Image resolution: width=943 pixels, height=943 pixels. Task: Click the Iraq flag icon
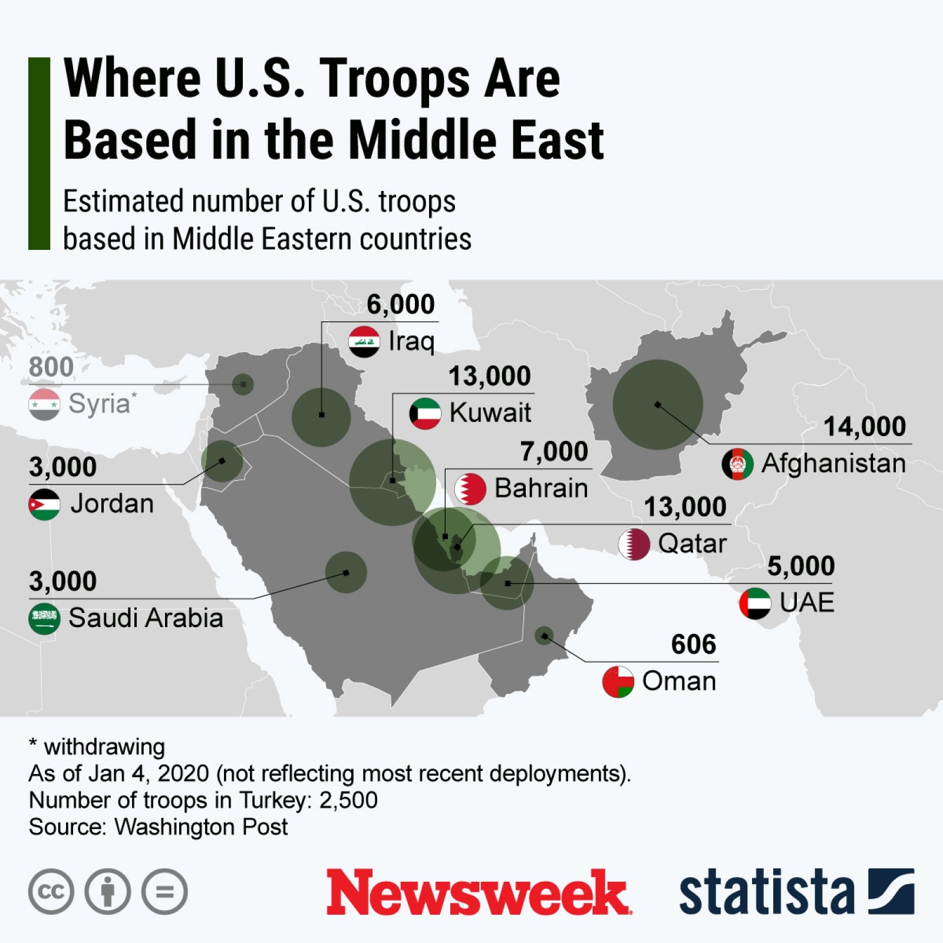tap(364, 341)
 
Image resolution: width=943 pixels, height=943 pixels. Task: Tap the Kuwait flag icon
tap(425, 413)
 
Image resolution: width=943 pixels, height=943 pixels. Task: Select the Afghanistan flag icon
tap(737, 464)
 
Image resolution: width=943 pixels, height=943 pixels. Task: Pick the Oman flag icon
tap(618, 682)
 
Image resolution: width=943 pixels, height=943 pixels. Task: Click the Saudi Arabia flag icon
tap(44, 618)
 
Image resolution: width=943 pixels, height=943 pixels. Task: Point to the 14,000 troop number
tap(864, 427)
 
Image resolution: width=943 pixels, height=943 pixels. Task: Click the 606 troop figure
tap(693, 644)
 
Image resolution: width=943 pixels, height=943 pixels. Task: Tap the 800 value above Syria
tap(51, 367)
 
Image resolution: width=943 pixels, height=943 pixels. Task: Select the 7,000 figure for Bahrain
tap(554, 452)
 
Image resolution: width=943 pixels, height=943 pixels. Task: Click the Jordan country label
tap(112, 504)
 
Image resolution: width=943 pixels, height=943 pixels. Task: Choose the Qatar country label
tap(692, 543)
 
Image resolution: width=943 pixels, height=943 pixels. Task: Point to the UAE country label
tap(806, 602)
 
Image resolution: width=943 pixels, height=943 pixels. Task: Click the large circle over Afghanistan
tap(658, 404)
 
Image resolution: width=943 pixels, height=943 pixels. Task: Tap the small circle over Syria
tap(243, 384)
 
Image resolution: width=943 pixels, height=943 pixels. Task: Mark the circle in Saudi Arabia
tap(346, 572)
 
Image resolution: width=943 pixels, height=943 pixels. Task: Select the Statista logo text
tap(766, 892)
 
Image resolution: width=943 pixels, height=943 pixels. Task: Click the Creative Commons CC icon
tap(51, 891)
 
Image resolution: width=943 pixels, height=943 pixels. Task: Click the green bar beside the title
tap(39, 153)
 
